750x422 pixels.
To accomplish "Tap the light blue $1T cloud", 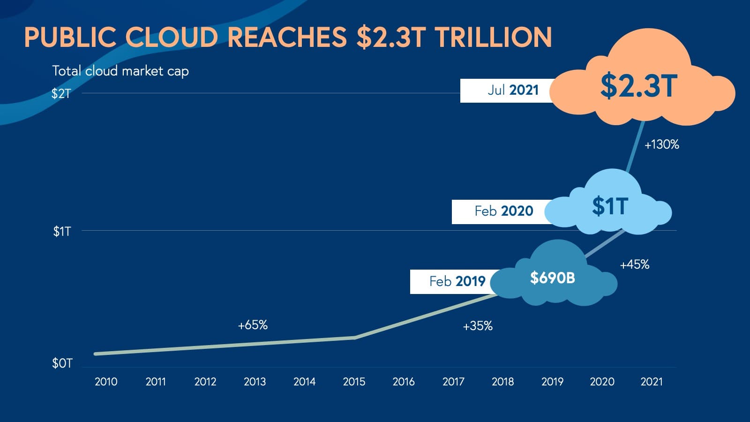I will (x=610, y=207).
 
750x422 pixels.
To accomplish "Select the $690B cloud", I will (x=553, y=278).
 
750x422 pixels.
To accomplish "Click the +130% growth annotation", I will (x=661, y=145).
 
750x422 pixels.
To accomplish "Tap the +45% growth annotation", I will (x=634, y=265).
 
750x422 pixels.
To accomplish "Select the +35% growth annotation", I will (x=478, y=326).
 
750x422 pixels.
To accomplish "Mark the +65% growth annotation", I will (x=253, y=325).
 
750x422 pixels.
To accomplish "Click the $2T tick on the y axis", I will (x=61, y=94).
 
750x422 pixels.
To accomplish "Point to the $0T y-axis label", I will (x=62, y=363).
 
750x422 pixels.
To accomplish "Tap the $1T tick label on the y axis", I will (x=62, y=232).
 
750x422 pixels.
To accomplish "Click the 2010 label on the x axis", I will (x=106, y=382).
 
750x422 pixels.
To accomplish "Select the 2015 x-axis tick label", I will (x=354, y=382).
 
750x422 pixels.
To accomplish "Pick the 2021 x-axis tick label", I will (x=652, y=382).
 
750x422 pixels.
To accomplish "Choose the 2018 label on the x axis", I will (x=502, y=382).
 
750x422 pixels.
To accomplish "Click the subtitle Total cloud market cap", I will (x=120, y=71).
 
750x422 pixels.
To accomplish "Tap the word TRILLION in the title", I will (x=494, y=38).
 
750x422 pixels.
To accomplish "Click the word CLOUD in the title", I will (x=172, y=38).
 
